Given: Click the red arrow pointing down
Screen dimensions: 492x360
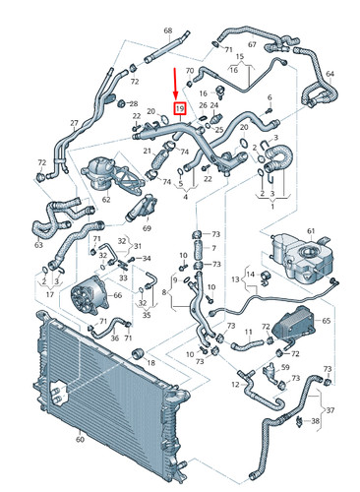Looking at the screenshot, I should click(178, 84).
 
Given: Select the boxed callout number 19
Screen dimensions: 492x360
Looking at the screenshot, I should click(179, 107).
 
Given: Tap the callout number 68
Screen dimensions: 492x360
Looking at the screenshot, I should click(167, 32).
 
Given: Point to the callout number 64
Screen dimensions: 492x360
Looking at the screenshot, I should click(330, 74).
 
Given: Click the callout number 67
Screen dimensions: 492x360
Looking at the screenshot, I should click(251, 45).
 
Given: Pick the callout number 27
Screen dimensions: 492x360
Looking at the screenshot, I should click(73, 123).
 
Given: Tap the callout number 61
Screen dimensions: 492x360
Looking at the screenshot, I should click(311, 231).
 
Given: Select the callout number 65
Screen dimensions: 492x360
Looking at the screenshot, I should click(328, 321).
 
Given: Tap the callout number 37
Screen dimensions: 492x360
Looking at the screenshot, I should click(330, 410).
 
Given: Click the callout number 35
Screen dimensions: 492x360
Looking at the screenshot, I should click(146, 316).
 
